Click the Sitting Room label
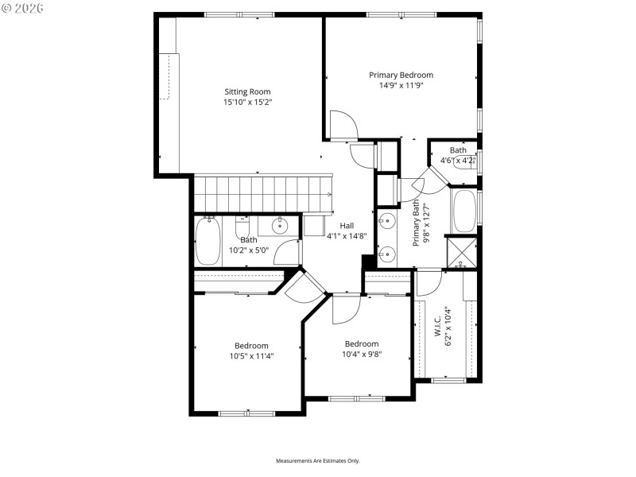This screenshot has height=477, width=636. point(242,91)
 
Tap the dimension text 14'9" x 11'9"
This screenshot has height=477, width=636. point(401,86)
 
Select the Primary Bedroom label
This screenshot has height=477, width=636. point(401,75)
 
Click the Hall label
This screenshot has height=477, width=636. point(346,225)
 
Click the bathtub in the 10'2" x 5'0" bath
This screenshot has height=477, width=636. point(207,241)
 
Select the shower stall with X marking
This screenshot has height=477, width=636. point(463,252)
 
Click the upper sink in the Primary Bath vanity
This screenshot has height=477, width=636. point(387,221)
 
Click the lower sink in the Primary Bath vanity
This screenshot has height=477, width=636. point(387,254)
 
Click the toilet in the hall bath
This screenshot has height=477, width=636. point(242,226)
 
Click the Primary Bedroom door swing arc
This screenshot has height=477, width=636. point(343,126)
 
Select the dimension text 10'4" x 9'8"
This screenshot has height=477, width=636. point(362,355)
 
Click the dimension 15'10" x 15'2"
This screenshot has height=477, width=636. point(242,102)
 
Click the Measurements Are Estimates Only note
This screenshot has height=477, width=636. point(318,461)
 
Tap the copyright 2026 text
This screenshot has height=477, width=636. point(23,7)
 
